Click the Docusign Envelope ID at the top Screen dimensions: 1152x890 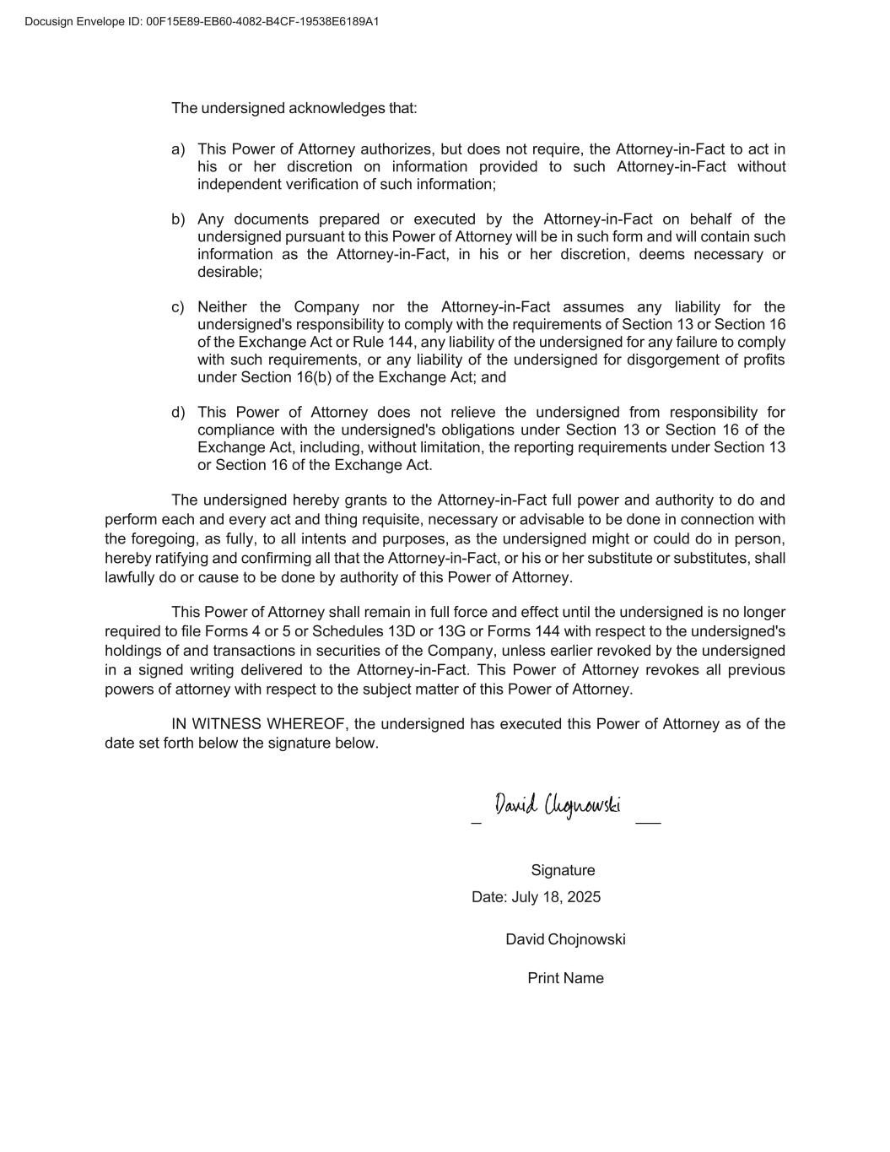coord(202,21)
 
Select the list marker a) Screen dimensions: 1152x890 coord(178,149)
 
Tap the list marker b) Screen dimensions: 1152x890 coord(178,219)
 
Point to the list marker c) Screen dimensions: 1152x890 coord(178,307)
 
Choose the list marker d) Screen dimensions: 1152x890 coord(178,413)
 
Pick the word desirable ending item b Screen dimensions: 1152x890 coord(229,273)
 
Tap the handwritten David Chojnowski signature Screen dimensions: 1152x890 coord(558,805)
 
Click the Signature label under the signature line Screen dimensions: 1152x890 coord(563,870)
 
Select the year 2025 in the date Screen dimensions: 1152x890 coord(584,897)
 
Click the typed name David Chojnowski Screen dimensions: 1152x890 coord(565,940)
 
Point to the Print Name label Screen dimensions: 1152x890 coord(565,978)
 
